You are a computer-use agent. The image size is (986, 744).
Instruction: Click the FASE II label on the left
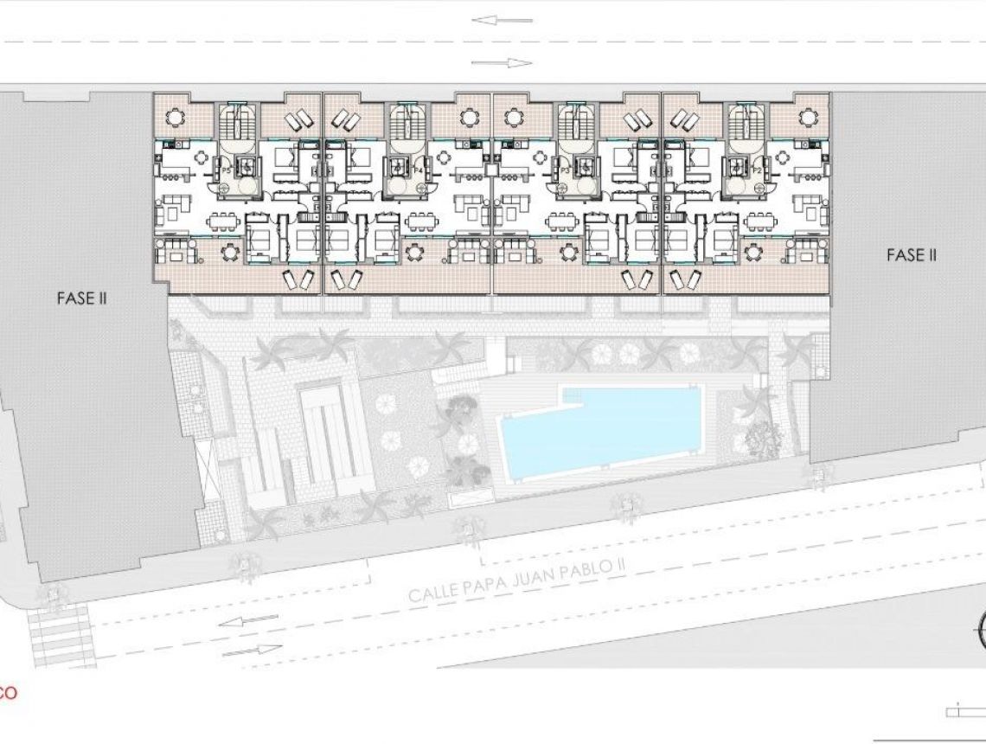tap(81, 298)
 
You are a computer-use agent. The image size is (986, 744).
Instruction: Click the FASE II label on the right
tap(912, 255)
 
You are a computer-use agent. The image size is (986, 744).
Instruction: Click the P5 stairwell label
tap(227, 171)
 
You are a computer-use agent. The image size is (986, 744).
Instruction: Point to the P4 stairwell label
tap(418, 171)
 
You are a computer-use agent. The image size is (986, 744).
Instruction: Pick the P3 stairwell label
tap(566, 171)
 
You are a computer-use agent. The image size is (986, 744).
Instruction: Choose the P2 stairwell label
tap(756, 171)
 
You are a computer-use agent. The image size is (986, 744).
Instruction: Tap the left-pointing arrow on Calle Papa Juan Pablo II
tap(241, 621)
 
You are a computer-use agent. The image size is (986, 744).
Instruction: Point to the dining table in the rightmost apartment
tap(760, 218)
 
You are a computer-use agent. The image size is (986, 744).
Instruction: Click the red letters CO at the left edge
tap(8, 692)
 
